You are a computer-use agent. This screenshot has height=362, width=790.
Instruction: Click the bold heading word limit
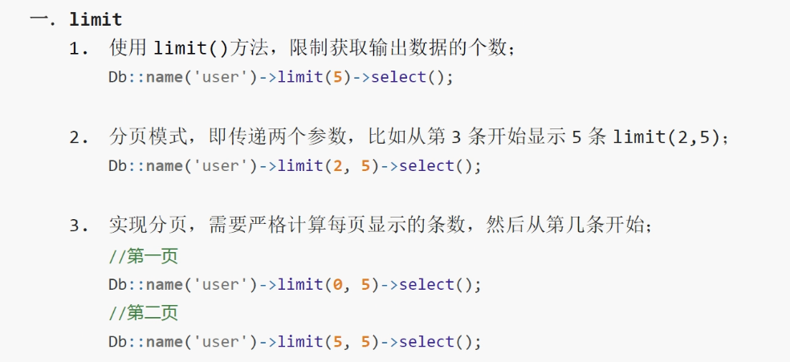96,19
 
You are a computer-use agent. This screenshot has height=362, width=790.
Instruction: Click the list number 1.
77,49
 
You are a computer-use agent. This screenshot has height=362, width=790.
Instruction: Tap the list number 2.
77,137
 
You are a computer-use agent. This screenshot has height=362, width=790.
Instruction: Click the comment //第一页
143,257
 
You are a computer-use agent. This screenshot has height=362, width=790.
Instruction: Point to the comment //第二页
143,313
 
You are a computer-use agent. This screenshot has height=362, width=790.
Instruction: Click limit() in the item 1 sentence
190,48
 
